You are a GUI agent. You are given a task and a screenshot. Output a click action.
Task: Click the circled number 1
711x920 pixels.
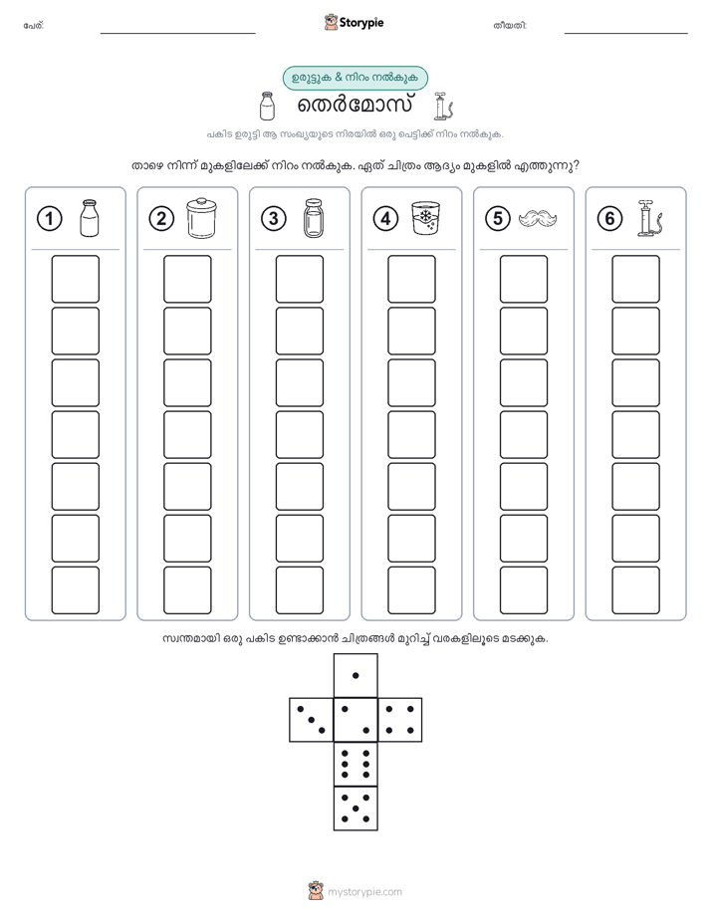49,219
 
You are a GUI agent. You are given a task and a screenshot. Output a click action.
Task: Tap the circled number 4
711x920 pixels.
385,219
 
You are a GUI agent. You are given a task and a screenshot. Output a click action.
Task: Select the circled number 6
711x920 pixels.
609,219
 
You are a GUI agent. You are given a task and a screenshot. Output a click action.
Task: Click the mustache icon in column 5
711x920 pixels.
538,219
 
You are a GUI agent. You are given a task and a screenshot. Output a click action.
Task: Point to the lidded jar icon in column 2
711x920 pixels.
201,218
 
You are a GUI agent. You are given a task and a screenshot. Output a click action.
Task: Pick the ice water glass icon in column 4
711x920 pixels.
425,218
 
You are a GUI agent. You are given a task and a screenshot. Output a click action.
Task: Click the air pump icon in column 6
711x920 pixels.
651,218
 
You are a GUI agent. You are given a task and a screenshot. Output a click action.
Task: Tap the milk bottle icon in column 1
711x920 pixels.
90,218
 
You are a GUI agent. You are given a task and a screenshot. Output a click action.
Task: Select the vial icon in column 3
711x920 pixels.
314,218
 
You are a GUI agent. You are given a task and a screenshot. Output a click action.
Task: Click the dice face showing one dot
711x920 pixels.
355,676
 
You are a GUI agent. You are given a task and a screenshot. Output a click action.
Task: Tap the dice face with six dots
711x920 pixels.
355,764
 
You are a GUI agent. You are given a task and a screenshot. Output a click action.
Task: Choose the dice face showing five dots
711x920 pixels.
355,808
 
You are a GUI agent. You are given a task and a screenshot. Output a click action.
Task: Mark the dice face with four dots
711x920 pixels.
400,720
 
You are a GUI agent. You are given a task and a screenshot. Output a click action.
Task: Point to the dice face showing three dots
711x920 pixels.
312,720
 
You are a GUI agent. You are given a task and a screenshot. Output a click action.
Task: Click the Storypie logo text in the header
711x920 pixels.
361,23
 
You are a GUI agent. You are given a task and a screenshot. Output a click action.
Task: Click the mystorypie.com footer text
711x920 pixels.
364,892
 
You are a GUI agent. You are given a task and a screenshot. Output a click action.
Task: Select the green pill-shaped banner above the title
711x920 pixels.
355,78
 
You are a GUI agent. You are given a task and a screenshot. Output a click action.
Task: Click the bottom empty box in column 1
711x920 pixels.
75,590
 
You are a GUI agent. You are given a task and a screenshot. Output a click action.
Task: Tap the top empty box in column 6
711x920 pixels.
635,279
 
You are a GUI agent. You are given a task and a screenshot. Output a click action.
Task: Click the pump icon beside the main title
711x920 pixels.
443,107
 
